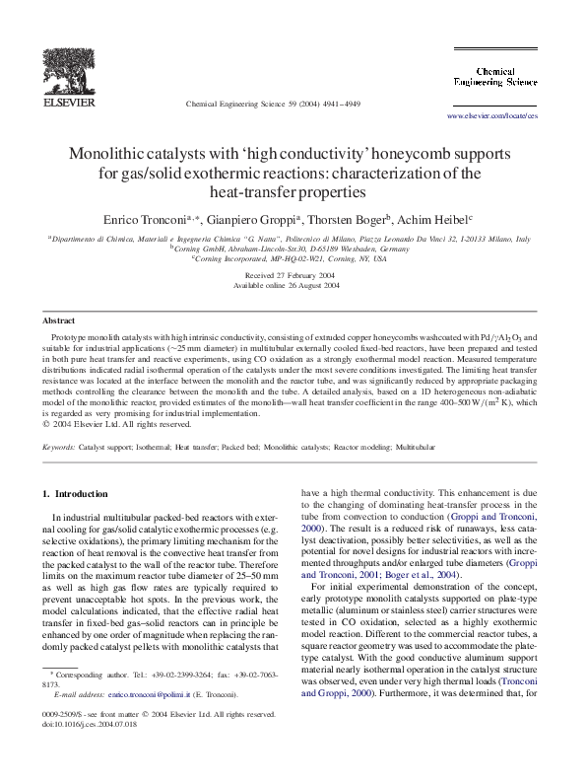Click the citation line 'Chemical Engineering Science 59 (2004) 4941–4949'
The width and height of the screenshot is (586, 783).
point(273,104)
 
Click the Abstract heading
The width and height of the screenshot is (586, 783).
point(59,320)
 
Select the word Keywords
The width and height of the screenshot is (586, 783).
point(59,447)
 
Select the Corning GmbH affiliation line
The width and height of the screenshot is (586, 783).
point(293,249)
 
